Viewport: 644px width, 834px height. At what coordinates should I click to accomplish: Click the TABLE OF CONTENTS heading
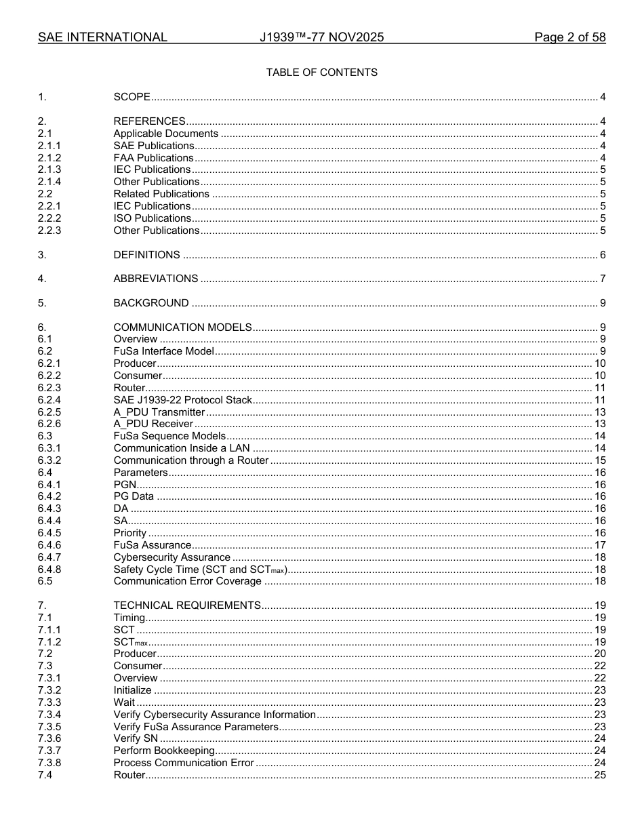[x=321, y=73]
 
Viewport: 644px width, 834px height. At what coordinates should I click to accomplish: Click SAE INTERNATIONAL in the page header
[x=102, y=37]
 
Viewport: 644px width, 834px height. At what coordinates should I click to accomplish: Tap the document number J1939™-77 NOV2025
[x=321, y=37]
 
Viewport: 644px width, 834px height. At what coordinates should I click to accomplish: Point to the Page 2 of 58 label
[x=569, y=37]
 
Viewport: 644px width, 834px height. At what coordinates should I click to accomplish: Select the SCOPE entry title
[x=132, y=97]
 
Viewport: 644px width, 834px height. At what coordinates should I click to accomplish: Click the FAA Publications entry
[x=153, y=158]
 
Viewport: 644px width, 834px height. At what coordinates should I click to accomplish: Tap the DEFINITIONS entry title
[x=146, y=255]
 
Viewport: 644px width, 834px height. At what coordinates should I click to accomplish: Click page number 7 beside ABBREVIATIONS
[x=602, y=279]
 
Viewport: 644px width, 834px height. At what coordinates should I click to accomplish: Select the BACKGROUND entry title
[x=151, y=303]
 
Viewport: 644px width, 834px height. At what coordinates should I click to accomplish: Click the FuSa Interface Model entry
[x=163, y=351]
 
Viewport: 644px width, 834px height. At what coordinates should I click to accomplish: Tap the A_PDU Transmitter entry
[x=159, y=412]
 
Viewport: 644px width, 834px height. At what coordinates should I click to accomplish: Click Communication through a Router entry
[x=191, y=460]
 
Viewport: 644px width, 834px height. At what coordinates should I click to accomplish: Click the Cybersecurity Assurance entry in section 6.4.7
[x=172, y=557]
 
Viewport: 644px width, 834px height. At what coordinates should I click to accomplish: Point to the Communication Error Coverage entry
[x=187, y=581]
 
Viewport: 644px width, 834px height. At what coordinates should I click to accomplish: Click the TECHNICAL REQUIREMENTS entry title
[x=187, y=605]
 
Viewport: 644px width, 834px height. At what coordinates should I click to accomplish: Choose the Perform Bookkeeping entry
[x=164, y=751]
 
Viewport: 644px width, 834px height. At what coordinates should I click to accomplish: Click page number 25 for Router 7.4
[x=599, y=775]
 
